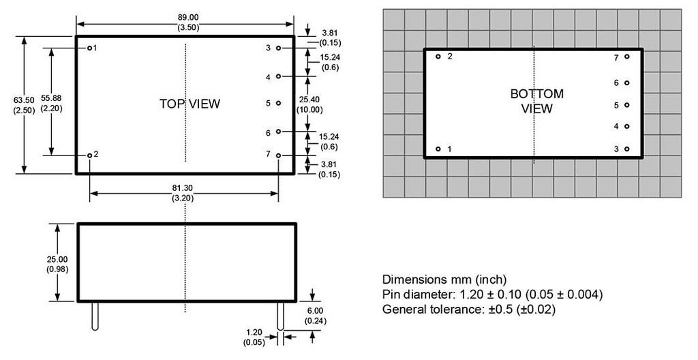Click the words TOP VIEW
click(189, 104)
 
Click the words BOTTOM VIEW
click(537, 101)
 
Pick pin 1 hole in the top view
click(89, 48)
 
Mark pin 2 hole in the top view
click(89, 155)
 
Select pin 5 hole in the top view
click(278, 104)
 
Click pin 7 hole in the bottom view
click(626, 57)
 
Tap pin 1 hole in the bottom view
click(438, 149)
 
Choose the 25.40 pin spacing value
click(310, 99)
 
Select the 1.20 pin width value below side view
click(254, 333)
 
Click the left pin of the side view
click(95, 315)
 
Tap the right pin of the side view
click(279, 315)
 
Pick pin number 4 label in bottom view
click(616, 127)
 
